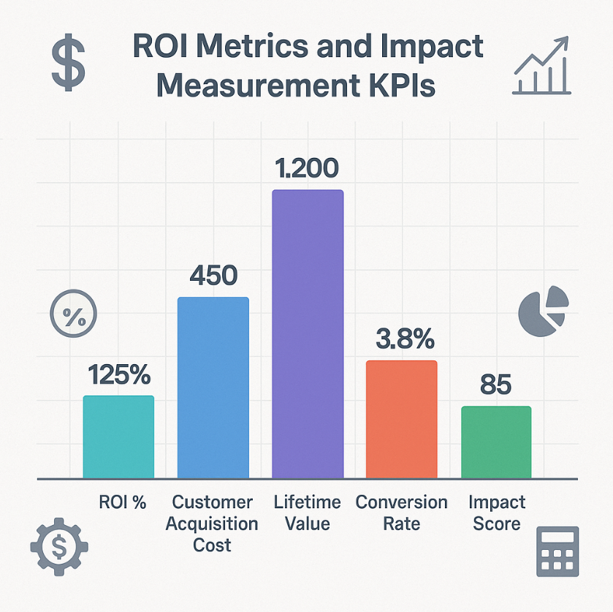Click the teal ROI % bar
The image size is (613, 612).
pyautogui.click(x=118, y=437)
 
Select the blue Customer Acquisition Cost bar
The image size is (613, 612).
pyautogui.click(x=213, y=388)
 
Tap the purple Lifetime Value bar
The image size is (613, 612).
pyautogui.click(x=307, y=333)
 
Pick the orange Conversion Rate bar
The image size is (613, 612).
pyautogui.click(x=401, y=419)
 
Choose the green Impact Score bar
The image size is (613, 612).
pyautogui.click(x=496, y=442)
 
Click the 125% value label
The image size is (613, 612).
pyautogui.click(x=119, y=375)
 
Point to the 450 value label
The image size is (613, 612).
pyautogui.click(x=213, y=276)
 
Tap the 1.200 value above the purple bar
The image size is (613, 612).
pyautogui.click(x=307, y=169)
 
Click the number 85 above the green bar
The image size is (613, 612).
pyautogui.click(x=496, y=385)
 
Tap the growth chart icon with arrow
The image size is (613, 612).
pyautogui.click(x=541, y=67)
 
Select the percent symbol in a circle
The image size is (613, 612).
pyautogui.click(x=72, y=316)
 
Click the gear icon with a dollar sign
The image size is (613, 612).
pyautogui.click(x=58, y=545)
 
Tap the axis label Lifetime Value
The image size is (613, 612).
pyautogui.click(x=307, y=513)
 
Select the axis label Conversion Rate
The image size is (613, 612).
pyautogui.click(x=401, y=513)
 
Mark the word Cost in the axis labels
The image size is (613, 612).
pyautogui.click(x=213, y=545)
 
